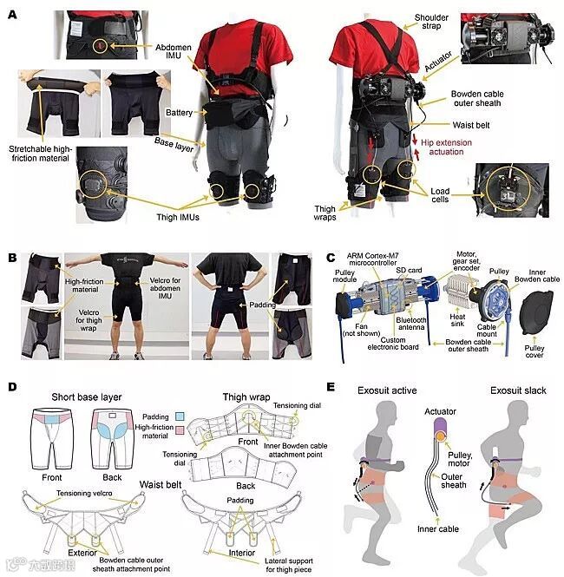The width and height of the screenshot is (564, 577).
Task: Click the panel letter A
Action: [12, 15]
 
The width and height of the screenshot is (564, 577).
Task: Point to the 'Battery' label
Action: [179, 113]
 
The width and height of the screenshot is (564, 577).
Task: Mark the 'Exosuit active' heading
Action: [387, 390]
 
